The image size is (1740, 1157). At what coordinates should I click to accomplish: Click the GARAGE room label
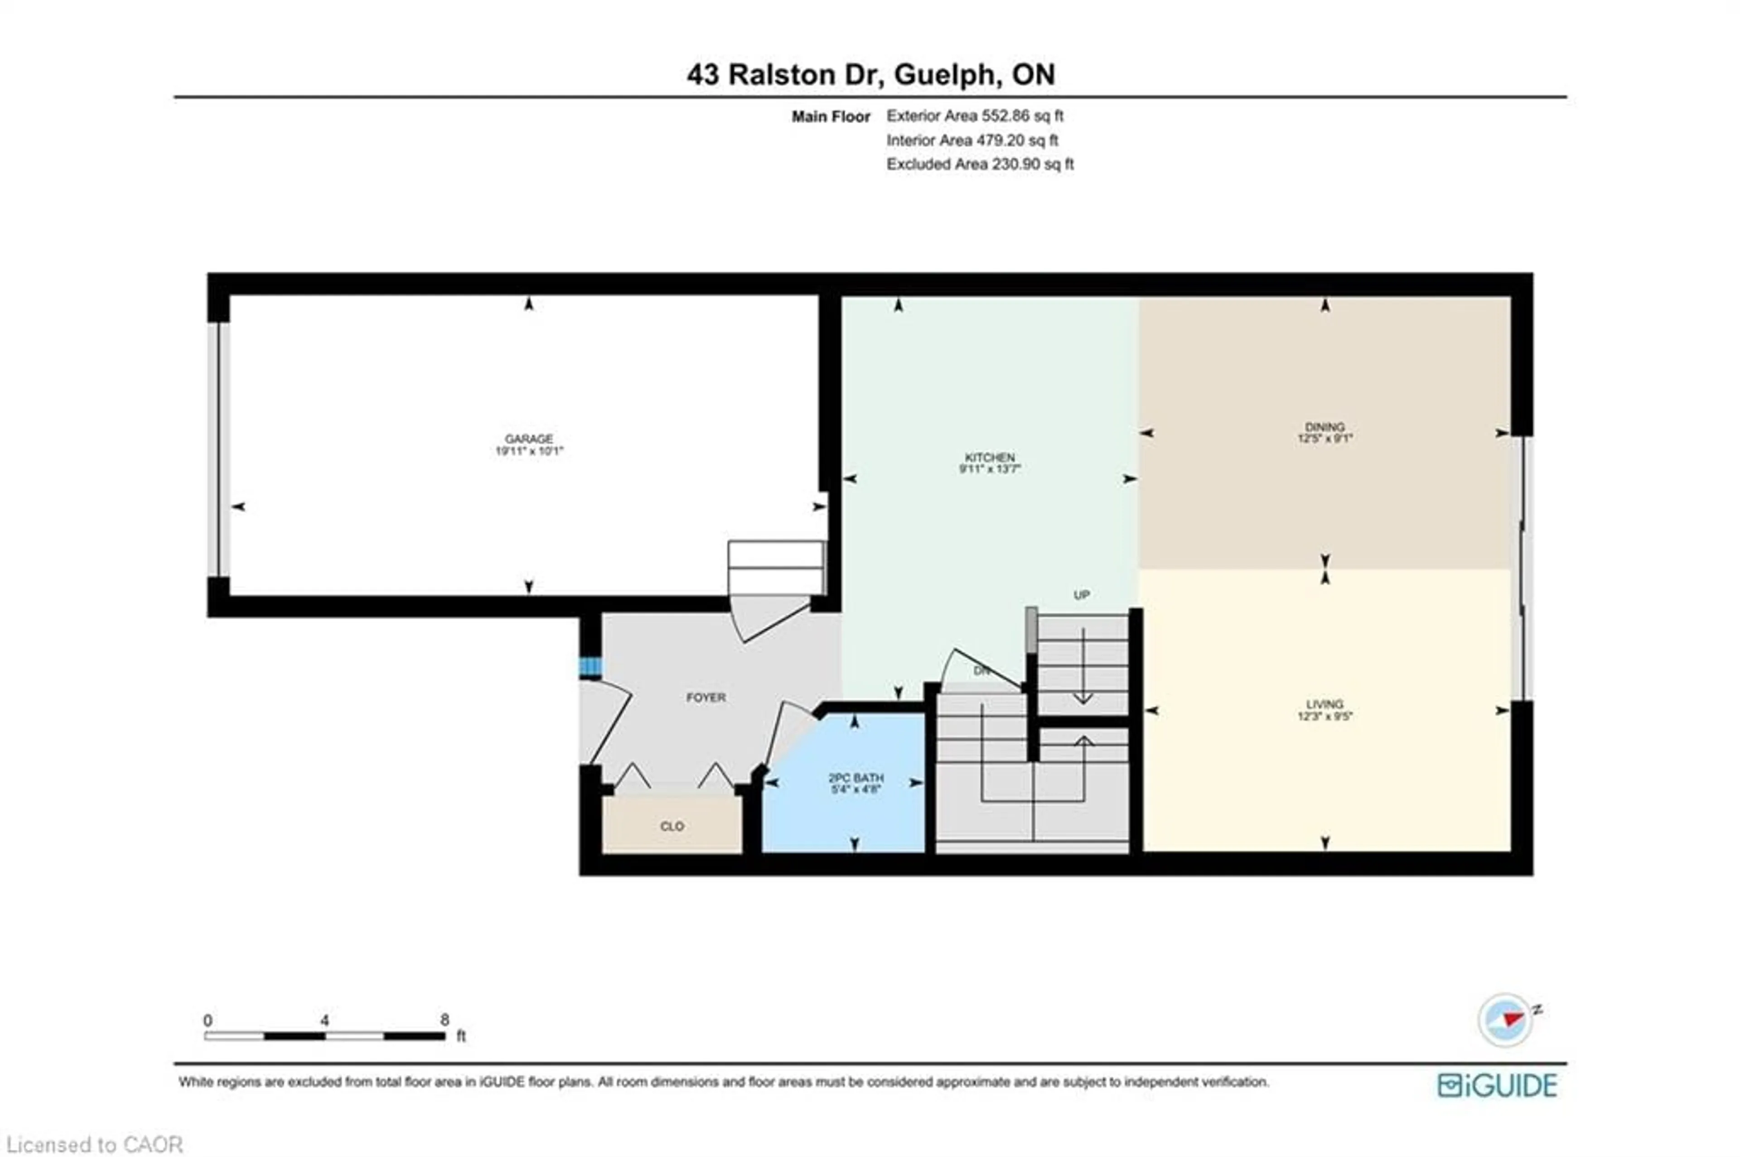(x=528, y=439)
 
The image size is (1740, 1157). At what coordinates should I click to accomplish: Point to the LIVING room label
(x=1324, y=704)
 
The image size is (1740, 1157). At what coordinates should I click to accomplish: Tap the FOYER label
(x=706, y=697)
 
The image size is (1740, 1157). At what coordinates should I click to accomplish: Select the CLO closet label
(x=672, y=826)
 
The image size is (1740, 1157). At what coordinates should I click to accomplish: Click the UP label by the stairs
(x=1081, y=595)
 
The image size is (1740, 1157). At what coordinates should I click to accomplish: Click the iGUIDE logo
(x=1497, y=1085)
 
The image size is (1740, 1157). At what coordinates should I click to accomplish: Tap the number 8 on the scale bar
(x=444, y=1020)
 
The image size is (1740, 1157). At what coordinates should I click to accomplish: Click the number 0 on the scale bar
(x=208, y=1020)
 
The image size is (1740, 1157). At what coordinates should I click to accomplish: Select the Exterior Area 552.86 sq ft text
(x=974, y=116)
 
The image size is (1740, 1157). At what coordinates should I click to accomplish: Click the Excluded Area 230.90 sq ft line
(x=979, y=164)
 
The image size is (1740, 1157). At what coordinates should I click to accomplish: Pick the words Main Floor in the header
(x=830, y=116)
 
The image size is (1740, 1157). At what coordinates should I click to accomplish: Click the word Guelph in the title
(x=947, y=75)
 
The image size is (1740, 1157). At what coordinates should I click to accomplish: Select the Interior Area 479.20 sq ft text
(x=972, y=140)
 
